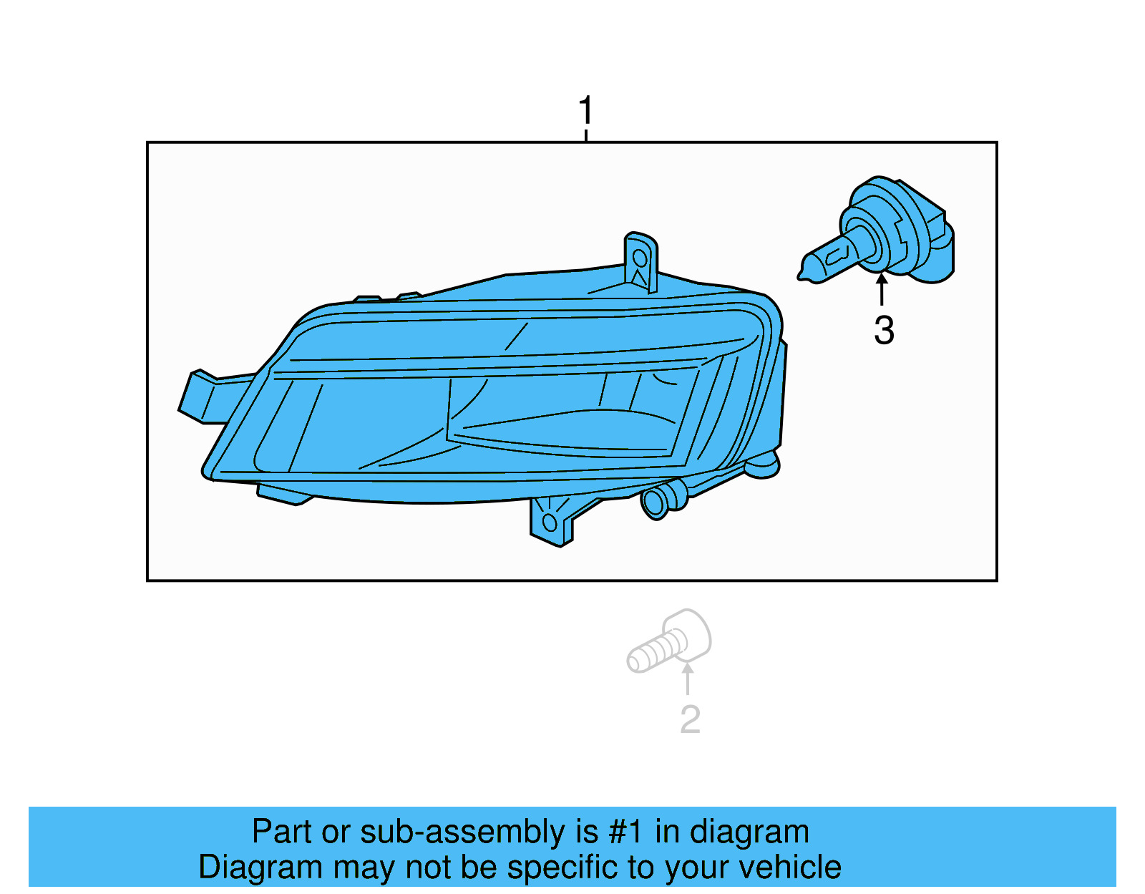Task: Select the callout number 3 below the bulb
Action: [x=884, y=331]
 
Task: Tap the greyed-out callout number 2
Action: [x=690, y=719]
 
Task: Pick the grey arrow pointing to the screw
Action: [x=688, y=679]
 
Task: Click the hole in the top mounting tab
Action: [x=640, y=258]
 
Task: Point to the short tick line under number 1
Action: [x=586, y=135]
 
